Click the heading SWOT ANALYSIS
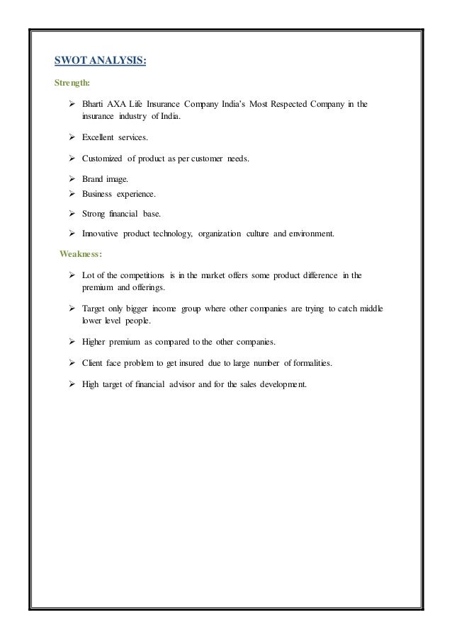coord(101,62)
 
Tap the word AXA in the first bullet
coord(116,105)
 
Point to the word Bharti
coord(93,105)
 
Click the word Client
coord(93,364)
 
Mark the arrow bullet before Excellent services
coord(72,138)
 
